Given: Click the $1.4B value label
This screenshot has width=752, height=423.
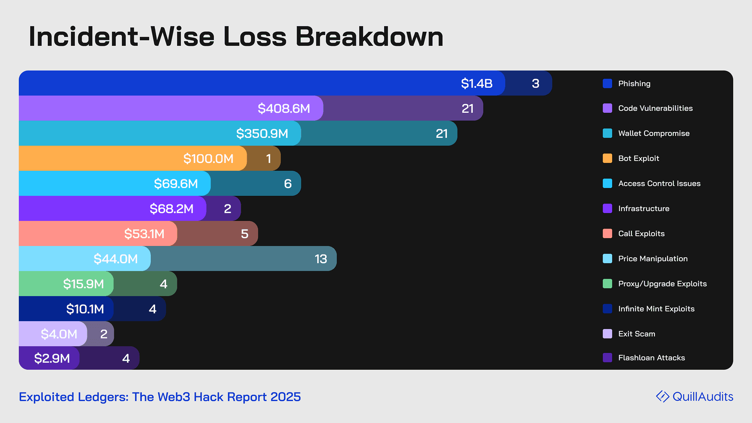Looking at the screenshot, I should (x=477, y=83).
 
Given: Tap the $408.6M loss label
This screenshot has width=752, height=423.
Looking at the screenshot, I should (x=284, y=108).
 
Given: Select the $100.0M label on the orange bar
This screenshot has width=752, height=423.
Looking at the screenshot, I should (x=208, y=159).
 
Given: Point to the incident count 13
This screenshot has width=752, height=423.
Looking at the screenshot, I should (x=321, y=259).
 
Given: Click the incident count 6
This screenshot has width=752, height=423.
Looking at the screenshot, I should (x=288, y=184).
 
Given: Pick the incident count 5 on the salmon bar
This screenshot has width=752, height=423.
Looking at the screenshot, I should (x=244, y=234).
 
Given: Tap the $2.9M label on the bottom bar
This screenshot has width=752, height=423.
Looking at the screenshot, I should (x=52, y=358).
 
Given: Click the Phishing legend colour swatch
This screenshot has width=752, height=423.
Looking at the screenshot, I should (x=607, y=83).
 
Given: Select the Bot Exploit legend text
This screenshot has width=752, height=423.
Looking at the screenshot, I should (x=638, y=158).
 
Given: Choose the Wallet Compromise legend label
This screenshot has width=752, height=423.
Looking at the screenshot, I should (x=654, y=133).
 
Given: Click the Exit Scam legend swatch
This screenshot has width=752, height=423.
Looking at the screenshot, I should (x=607, y=334).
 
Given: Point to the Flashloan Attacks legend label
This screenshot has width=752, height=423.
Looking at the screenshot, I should (x=651, y=358).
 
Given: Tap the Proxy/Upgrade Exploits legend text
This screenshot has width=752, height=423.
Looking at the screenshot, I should (x=662, y=284).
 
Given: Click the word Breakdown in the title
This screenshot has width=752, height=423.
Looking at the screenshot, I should (x=369, y=37).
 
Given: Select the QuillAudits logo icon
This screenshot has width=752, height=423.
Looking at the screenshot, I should (x=662, y=396).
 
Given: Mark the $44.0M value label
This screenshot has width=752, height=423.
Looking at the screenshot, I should (x=116, y=259).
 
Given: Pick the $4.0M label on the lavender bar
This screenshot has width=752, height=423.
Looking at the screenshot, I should (x=59, y=334).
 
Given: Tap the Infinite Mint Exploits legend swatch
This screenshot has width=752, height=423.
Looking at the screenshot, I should (x=607, y=309).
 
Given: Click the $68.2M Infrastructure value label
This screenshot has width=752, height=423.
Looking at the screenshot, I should (x=172, y=209).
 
